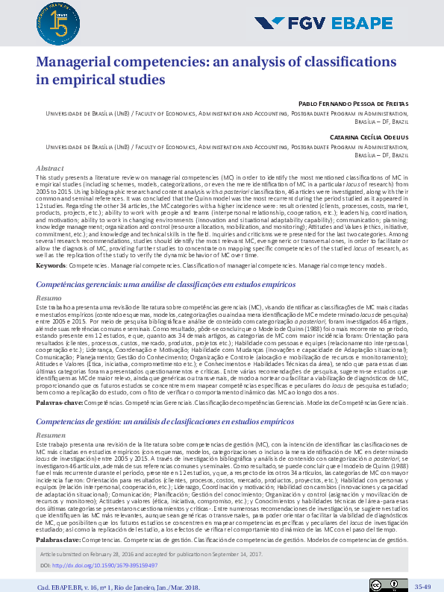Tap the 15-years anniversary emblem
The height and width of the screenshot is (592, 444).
tap(52, 20)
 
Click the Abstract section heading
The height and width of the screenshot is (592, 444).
tap(50, 169)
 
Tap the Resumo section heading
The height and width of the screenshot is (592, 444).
tap(49, 297)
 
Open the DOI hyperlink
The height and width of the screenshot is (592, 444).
tap(109, 564)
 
